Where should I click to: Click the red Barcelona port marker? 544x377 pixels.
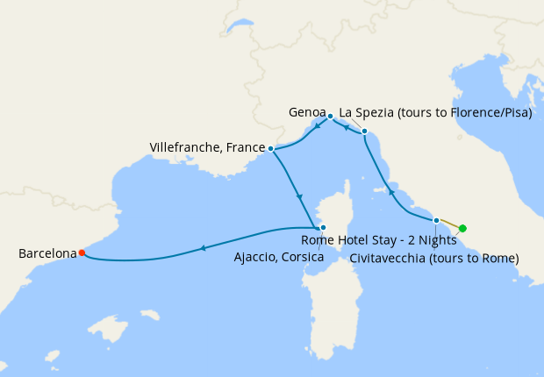(82, 253)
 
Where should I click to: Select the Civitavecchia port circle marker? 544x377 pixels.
(436, 220)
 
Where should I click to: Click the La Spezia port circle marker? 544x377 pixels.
(365, 133)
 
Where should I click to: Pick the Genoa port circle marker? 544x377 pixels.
(330, 116)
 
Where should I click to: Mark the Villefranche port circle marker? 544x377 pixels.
(270, 148)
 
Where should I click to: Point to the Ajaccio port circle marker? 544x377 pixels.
(323, 227)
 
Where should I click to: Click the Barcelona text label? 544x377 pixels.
(47, 253)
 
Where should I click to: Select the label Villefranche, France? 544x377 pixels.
(207, 147)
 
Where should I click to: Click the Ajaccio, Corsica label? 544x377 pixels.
(279, 257)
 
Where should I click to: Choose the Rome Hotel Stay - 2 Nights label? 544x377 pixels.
(378, 239)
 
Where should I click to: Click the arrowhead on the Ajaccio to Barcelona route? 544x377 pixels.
(204, 248)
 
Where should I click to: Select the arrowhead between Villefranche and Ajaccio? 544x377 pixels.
(300, 196)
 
